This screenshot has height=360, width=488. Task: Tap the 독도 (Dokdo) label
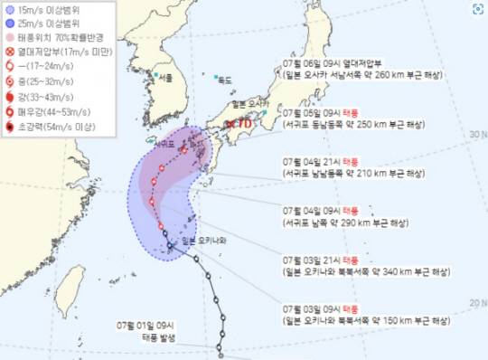pyautogui.click(x=223, y=80)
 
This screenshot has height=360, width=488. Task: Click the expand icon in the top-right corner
pyautogui.click(x=476, y=11)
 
